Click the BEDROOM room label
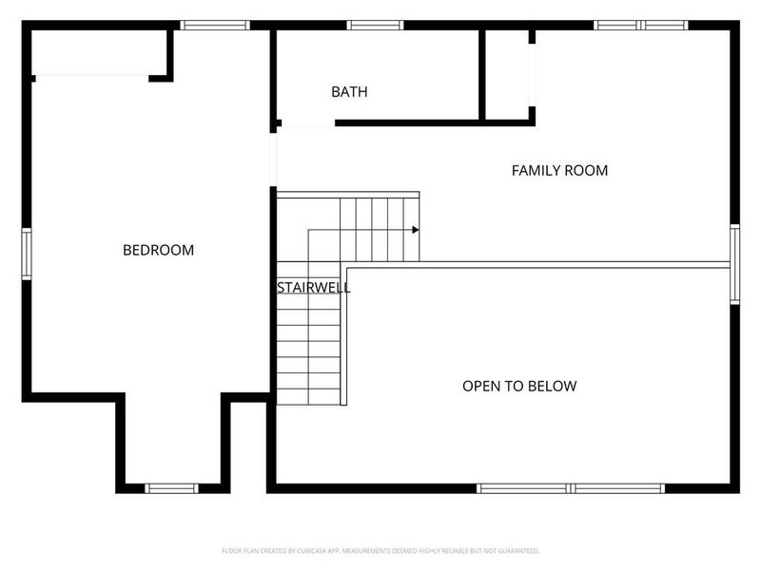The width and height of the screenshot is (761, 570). point(158,250)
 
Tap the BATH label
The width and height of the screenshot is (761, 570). point(349,92)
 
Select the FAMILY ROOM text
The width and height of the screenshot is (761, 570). point(559,170)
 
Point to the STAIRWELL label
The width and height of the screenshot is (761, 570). point(313,286)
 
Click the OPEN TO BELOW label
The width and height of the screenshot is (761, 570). point(519,386)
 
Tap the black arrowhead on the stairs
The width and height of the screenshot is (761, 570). point(416,230)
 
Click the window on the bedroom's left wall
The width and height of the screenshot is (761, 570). point(27,253)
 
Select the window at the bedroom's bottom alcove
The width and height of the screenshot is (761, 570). point(171,488)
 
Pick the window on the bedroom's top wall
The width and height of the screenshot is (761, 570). point(215,26)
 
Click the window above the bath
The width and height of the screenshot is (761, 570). point(375,26)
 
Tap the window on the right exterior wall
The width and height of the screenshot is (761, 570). point(734,263)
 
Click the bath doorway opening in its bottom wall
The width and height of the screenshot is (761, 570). point(307,123)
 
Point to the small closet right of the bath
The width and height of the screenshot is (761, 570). point(507,75)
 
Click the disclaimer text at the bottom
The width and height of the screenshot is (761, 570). point(380,551)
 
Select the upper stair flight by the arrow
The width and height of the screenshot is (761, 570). point(379,228)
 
